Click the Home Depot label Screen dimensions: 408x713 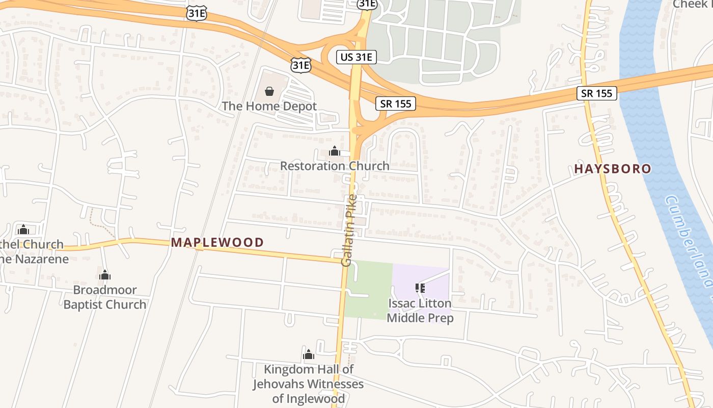point(269,106)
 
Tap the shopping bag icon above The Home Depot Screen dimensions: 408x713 point(269,91)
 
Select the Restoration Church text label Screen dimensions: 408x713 point(335,166)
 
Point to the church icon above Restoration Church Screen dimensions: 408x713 point(335,151)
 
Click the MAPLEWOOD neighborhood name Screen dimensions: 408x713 point(217,242)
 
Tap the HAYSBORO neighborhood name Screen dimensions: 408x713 point(613,169)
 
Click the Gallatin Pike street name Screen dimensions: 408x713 point(349,231)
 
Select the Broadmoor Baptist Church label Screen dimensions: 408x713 point(105,297)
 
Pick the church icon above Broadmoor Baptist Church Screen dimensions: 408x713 point(105,275)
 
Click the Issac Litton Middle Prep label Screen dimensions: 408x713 point(420,310)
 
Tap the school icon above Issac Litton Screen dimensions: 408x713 point(420,289)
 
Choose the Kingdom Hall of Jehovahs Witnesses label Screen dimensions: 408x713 point(309,384)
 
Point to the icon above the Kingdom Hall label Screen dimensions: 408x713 point(309,355)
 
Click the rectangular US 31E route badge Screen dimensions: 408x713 point(356,57)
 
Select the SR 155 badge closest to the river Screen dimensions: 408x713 point(597,93)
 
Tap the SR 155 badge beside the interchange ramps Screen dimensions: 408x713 point(396,104)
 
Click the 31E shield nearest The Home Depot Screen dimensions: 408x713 point(300,65)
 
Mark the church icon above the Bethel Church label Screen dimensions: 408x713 point(23,229)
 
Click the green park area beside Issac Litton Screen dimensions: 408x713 point(369,288)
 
